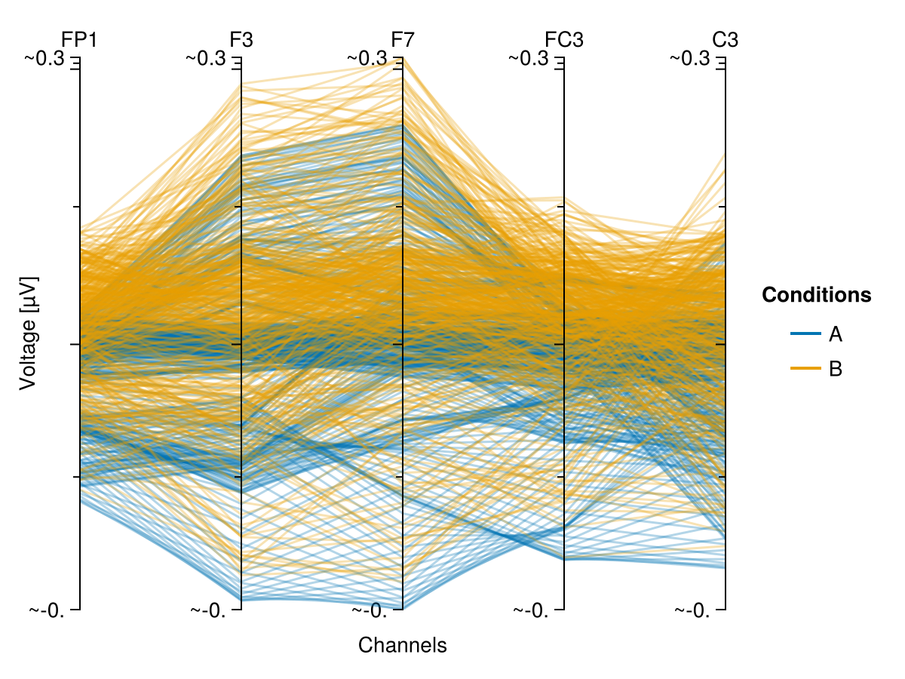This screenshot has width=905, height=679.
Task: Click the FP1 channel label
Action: pyautogui.click(x=79, y=39)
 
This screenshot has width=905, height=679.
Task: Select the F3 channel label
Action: pyautogui.click(x=241, y=39)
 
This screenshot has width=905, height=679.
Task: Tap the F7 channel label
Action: pyautogui.click(x=403, y=39)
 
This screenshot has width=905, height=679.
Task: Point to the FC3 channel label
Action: pyautogui.click(x=564, y=39)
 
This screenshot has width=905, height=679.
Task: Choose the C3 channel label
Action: pyautogui.click(x=726, y=39)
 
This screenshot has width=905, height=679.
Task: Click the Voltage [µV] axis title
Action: pyautogui.click(x=28, y=333)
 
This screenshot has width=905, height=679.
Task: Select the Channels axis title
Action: pyautogui.click(x=403, y=646)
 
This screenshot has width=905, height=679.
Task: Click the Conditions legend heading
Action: pyautogui.click(x=817, y=295)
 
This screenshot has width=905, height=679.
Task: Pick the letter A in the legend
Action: pyautogui.click(x=836, y=333)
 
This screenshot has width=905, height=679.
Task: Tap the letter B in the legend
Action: pyautogui.click(x=836, y=369)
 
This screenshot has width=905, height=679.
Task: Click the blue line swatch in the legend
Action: pyautogui.click(x=805, y=333)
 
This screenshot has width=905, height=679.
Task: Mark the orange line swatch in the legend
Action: pyautogui.click(x=805, y=369)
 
